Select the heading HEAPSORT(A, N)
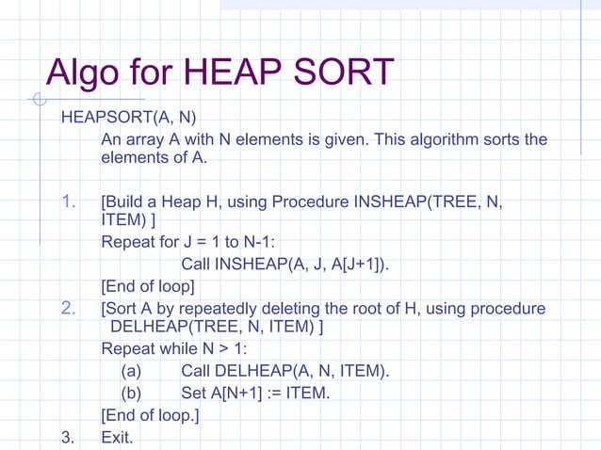pos(128,119)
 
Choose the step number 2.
pos(68,308)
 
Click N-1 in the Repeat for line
pos(226,243)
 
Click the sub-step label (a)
pos(131,372)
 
